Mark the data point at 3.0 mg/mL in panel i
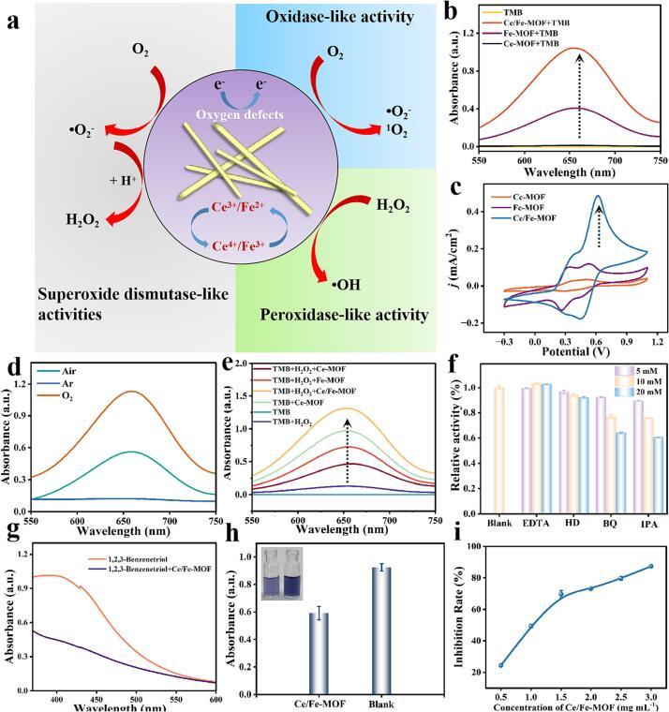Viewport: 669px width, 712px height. [650, 566]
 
